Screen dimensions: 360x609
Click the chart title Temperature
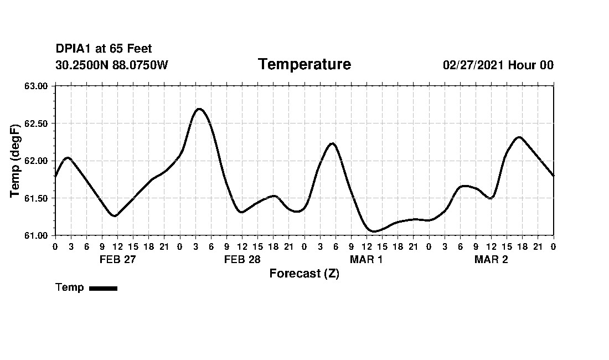point(304,65)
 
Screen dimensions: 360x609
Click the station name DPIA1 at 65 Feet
point(104,49)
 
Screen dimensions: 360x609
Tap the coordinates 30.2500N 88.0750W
point(111,65)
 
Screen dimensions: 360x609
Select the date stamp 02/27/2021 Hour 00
point(498,65)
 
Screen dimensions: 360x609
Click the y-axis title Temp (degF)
point(16,161)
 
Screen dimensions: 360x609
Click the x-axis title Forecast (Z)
point(304,274)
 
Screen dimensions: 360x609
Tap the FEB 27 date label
point(117,259)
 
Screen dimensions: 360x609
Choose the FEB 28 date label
point(242,259)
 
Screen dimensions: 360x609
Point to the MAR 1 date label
point(366,259)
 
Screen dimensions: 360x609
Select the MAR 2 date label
point(491,259)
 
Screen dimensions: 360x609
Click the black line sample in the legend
point(103,288)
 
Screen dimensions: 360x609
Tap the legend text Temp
point(70,287)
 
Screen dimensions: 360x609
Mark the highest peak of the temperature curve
point(199,109)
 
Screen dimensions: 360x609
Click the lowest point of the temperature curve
point(374,232)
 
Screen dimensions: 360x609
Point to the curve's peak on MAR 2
point(519,137)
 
